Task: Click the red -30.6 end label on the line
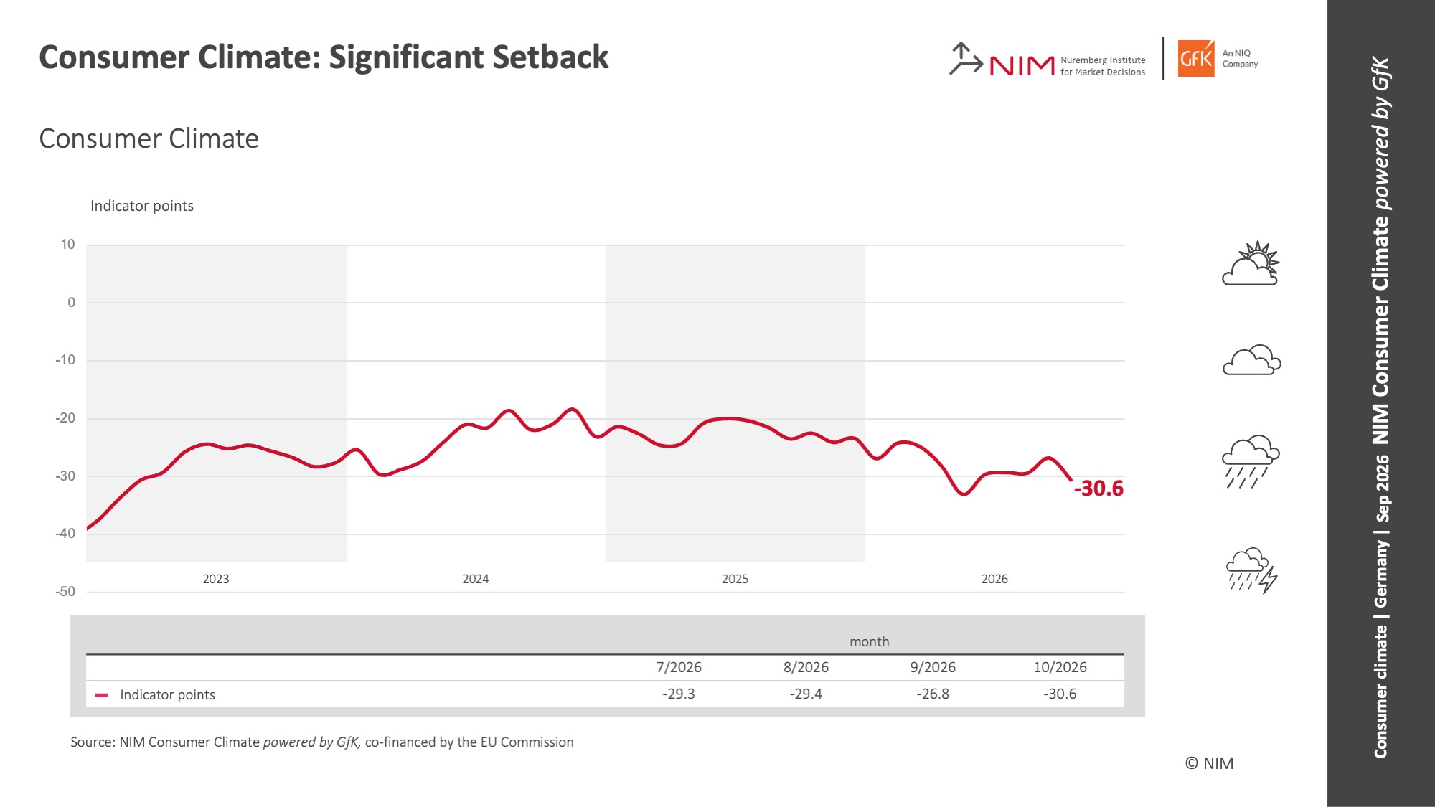coord(1098,489)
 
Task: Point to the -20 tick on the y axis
coord(65,418)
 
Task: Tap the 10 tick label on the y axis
coord(67,245)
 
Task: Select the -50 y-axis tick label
coord(65,592)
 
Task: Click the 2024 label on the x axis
coord(476,579)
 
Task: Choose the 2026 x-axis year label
coord(994,579)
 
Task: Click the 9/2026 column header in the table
coord(933,667)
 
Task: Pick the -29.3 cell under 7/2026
coord(679,694)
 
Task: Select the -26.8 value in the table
coord(933,694)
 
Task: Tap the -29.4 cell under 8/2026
coord(806,694)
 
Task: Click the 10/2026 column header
coord(1060,667)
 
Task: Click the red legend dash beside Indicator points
coord(101,695)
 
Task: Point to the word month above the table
coord(869,641)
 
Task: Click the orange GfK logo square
coord(1196,58)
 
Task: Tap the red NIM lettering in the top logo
coord(1022,66)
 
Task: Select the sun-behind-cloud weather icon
coord(1251,263)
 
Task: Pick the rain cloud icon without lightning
coord(1251,461)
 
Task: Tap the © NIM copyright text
coord(1209,763)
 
